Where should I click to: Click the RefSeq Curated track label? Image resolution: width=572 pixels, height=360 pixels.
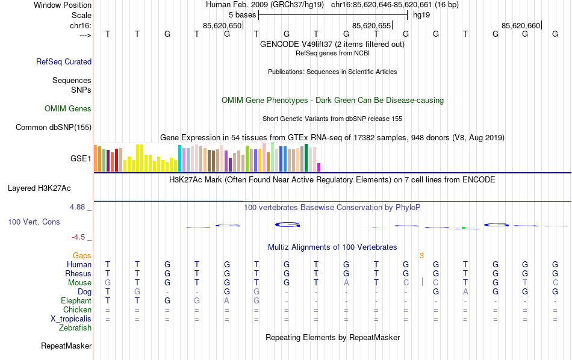[x=64, y=61]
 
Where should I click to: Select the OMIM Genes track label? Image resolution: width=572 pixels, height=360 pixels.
[x=68, y=109]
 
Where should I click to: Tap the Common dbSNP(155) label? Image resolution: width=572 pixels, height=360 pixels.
[x=54, y=127]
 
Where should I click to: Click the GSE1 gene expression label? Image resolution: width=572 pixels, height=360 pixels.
[x=81, y=159]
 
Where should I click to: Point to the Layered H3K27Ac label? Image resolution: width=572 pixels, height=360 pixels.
[x=49, y=188]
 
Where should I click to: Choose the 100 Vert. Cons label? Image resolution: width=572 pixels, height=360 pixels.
[x=34, y=222]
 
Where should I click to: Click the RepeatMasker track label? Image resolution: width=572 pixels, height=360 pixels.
[x=66, y=346]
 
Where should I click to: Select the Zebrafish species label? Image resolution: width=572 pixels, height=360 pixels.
[x=75, y=328]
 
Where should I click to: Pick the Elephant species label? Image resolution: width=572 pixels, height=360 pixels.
[x=76, y=301]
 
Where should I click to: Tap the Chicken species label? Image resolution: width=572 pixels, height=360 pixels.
[x=77, y=310]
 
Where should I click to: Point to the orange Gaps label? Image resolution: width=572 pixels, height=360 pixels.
[x=82, y=256]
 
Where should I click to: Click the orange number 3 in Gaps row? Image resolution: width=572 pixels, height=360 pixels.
[x=422, y=256]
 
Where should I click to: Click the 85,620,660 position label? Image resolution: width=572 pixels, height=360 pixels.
[x=521, y=25]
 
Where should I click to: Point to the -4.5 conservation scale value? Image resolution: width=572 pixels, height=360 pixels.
[x=79, y=237]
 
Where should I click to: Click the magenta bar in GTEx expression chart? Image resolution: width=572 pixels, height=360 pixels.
[x=319, y=167]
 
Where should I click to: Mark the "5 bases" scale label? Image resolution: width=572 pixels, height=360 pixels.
[x=242, y=14]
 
